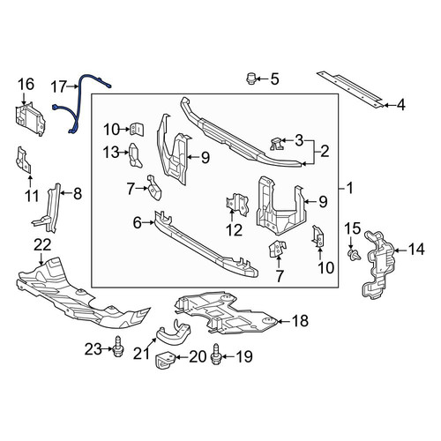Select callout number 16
click(x=26, y=85)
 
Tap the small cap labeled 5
click(x=250, y=78)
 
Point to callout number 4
click(x=400, y=105)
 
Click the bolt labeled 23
click(x=118, y=347)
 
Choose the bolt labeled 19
click(x=216, y=354)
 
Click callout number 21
click(x=141, y=354)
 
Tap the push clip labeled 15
click(x=354, y=254)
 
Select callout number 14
click(x=416, y=250)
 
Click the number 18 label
click(x=300, y=321)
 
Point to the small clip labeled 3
click(x=276, y=144)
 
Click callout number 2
click(x=325, y=152)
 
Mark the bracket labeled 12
click(x=237, y=205)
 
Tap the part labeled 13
click(x=135, y=155)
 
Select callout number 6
click(x=138, y=223)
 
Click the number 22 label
click(x=42, y=245)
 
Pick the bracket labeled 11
click(x=24, y=160)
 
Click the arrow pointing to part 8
click(x=65, y=192)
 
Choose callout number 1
click(x=349, y=188)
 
